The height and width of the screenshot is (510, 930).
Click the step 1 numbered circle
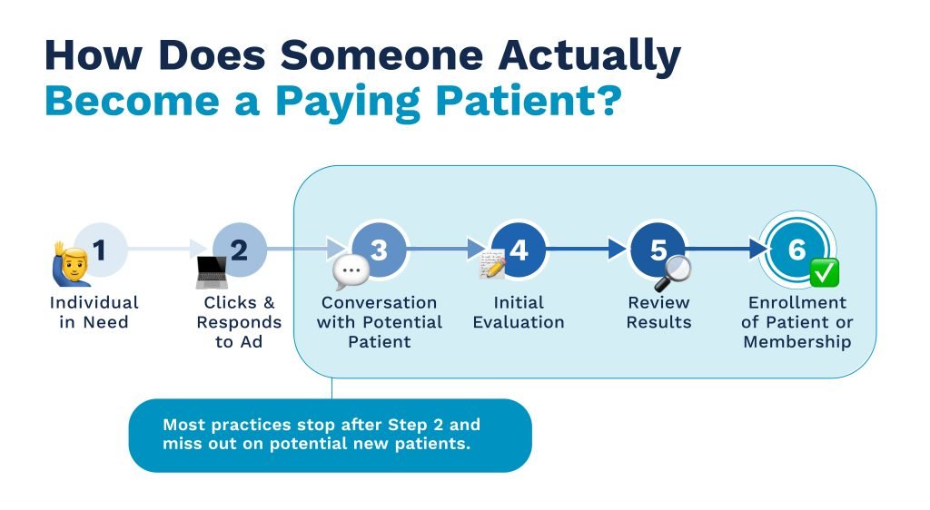tap(100, 250)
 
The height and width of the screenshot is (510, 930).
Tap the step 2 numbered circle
tap(240, 250)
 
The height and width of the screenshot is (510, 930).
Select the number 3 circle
tap(379, 250)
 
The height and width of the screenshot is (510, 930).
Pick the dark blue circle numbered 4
tap(519, 250)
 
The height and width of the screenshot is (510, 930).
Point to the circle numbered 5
tap(658, 250)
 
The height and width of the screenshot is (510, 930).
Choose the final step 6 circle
tap(797, 250)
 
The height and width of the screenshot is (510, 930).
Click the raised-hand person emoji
tap(71, 264)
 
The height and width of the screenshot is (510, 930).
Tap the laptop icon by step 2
tap(212, 272)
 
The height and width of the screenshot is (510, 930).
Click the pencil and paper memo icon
tap(492, 264)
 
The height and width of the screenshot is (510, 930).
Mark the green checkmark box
tap(825, 272)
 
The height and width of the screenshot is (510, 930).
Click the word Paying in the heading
tap(348, 103)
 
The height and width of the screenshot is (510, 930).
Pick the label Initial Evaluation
tap(519, 312)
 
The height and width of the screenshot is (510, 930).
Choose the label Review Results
tap(659, 312)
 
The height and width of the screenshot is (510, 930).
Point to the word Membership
tap(797, 342)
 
